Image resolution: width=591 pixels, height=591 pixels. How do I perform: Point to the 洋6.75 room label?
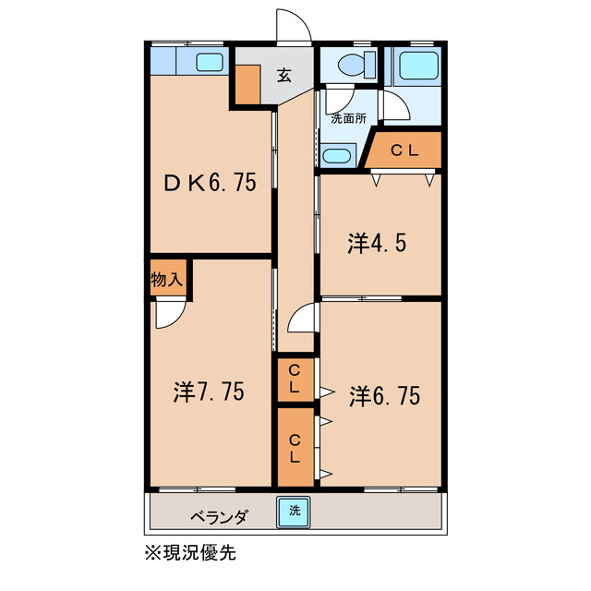pyautogui.click(x=385, y=396)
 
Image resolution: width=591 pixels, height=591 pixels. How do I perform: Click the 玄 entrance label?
pyautogui.click(x=283, y=77)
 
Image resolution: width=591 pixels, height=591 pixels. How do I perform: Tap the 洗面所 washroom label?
pyautogui.click(x=349, y=118)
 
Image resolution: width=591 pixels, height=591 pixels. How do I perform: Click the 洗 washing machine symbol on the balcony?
pyautogui.click(x=295, y=509)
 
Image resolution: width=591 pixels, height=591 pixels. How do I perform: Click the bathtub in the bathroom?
pyautogui.click(x=415, y=66)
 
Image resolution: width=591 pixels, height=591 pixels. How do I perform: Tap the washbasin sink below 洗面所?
pyautogui.click(x=338, y=154)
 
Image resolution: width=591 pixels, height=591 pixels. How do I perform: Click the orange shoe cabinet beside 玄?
pyautogui.click(x=247, y=84)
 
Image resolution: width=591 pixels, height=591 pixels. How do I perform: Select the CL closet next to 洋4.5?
pyautogui.click(x=405, y=151)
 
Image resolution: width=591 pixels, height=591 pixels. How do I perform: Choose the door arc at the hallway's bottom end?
pyautogui.click(x=301, y=321)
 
